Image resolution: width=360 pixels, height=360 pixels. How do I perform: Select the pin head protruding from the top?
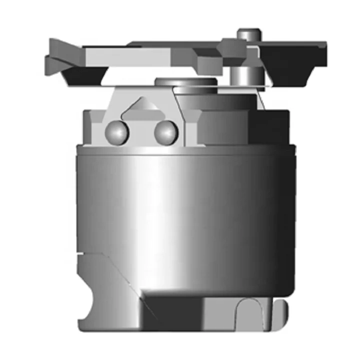pos(248,34)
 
